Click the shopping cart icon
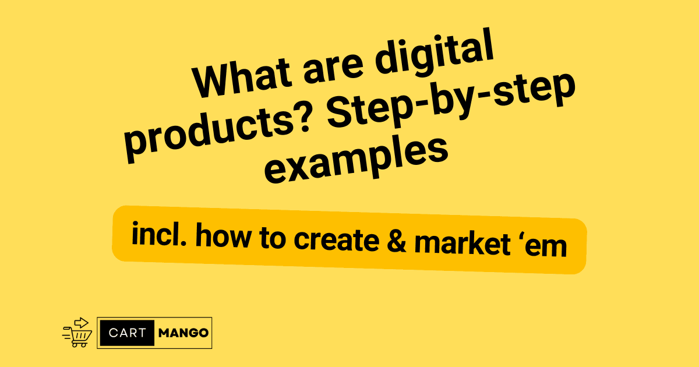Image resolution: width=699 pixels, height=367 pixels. tap(78, 334)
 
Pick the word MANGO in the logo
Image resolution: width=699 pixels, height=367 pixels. tap(182, 333)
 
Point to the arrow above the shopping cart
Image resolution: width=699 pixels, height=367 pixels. tap(82, 322)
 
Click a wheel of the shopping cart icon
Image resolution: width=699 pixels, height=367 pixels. tap(75, 345)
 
